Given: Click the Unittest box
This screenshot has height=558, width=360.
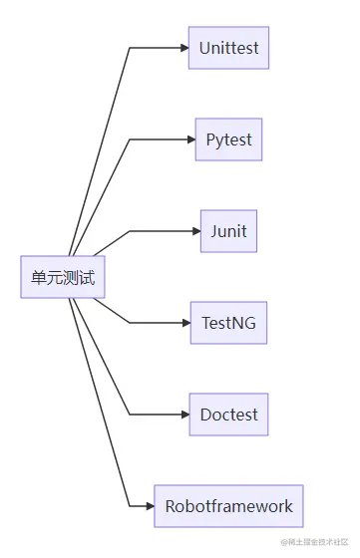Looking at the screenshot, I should pyautogui.click(x=228, y=48).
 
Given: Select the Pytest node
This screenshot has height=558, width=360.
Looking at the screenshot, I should pyautogui.click(x=228, y=139).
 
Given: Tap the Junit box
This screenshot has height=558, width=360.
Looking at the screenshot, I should pyautogui.click(x=228, y=231).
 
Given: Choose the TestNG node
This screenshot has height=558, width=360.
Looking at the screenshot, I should pyautogui.click(x=228, y=323).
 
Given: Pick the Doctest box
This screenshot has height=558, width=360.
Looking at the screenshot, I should pyautogui.click(x=228, y=415).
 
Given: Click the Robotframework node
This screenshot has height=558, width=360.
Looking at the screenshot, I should pyautogui.click(x=228, y=506).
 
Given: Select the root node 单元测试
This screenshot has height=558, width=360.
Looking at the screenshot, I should pyautogui.click(x=63, y=277).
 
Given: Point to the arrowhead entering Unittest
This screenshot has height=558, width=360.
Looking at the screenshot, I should pyautogui.click(x=183, y=48).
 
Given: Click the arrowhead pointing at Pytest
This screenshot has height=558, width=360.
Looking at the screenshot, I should pyautogui.click(x=189, y=139).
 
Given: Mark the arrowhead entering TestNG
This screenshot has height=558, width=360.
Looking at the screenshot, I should pyautogui.click(x=184, y=323).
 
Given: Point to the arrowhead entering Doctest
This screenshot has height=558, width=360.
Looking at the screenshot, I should pyautogui.click(x=183, y=415).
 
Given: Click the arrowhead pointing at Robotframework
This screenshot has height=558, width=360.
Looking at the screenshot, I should pyautogui.click(x=149, y=506).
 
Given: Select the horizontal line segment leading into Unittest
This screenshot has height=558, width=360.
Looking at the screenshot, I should pyautogui.click(x=155, y=48).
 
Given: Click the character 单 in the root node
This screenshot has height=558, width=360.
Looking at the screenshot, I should pyautogui.click(x=38, y=278).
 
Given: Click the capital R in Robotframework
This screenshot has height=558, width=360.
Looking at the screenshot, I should pyautogui.click(x=171, y=506).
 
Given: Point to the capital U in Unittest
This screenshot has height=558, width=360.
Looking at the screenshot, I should pyautogui.click(x=204, y=48).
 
